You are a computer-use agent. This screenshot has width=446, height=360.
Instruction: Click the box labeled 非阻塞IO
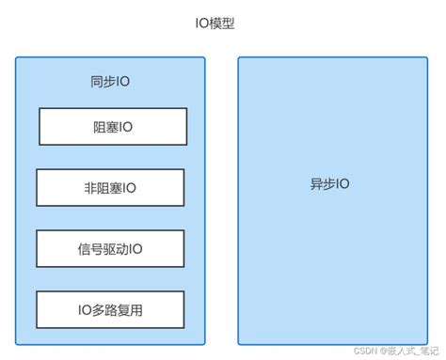coord(109,187)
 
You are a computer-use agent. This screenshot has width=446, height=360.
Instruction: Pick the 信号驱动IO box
coord(109,248)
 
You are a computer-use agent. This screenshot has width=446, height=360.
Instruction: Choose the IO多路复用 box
coord(109,309)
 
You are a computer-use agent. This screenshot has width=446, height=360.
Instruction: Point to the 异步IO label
coord(329,183)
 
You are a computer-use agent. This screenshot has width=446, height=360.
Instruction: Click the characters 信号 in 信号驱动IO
coord(88,248)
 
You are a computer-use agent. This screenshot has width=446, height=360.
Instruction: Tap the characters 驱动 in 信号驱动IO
coord(112,248)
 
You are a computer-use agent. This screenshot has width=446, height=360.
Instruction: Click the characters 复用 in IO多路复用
coord(130,309)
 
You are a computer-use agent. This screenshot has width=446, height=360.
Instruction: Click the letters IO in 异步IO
coord(342,183)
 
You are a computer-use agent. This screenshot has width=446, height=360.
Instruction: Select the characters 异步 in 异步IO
coord(323,183)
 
